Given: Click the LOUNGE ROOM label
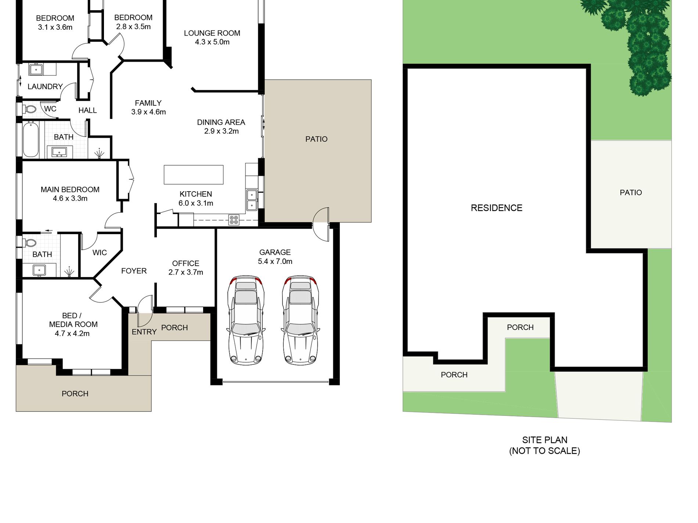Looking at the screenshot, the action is coord(212,33).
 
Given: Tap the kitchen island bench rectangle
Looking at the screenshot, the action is coord(194,175).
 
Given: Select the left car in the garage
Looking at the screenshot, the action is coord(246,320).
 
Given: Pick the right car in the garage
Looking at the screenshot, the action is coord(301,320).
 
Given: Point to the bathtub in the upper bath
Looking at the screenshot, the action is coord(30,140).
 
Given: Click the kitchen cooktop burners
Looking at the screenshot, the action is coord(234,220).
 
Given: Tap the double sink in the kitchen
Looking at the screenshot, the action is coord(252,200).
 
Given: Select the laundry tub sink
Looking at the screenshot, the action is coord(36,69).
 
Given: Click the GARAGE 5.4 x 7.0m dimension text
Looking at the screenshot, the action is coord(275,261).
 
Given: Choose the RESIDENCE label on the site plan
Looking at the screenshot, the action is coord(497,208).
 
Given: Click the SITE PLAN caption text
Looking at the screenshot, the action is coord(545,440).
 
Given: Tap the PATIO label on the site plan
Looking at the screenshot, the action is coord(631,193).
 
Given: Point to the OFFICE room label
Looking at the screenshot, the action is coord(186,264).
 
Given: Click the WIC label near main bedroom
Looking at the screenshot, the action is coord(100,253).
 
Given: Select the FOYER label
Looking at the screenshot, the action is coord(134,271).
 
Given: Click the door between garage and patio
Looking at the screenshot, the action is coord(321,224).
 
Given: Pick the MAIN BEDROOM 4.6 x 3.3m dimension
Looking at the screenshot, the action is coord(70,199).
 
